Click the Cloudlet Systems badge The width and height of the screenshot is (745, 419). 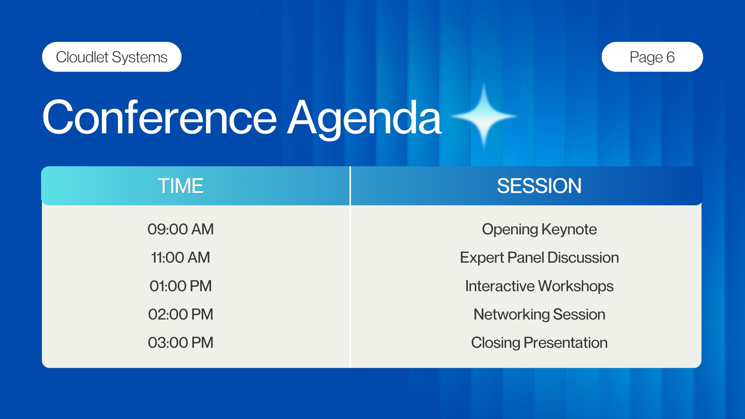[x=112, y=57]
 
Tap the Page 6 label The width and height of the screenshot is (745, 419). [x=652, y=57]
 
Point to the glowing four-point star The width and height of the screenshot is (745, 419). [x=484, y=116]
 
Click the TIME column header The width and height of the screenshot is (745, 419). [x=180, y=186]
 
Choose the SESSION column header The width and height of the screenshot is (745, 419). [x=539, y=186]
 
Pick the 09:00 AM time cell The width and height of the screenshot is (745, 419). [x=181, y=229]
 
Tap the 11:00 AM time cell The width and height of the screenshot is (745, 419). [x=181, y=257]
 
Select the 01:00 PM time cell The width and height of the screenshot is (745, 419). [x=181, y=286]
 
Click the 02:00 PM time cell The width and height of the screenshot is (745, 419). [x=181, y=314]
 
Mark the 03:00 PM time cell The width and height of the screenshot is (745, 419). [x=181, y=343]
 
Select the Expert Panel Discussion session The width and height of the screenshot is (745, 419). [x=539, y=258]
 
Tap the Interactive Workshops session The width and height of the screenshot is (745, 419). [x=539, y=286]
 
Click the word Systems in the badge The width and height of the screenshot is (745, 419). [x=140, y=58]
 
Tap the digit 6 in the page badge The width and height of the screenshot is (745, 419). [x=670, y=57]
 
